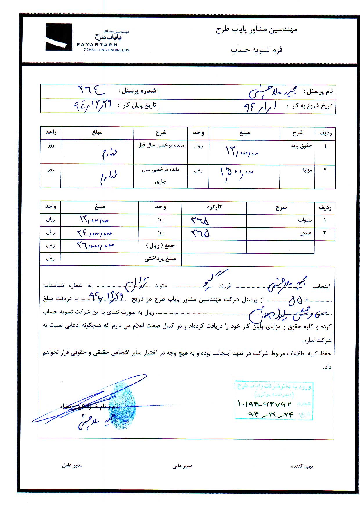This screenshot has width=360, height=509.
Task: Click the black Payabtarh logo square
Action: [59, 37]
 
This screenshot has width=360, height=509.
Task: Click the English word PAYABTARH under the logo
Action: [97, 45]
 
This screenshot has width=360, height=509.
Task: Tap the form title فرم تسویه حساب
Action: [256, 50]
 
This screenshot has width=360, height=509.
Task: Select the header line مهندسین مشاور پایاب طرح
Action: [256, 30]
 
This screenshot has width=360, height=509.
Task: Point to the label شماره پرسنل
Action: [137, 91]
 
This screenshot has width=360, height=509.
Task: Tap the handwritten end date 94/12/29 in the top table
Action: [93, 105]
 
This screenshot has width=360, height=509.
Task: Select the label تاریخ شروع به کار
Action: [309, 106]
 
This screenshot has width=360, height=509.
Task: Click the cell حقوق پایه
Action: [301, 146]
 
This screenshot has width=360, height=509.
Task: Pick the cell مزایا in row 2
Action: [307, 170]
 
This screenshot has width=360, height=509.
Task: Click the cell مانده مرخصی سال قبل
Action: [161, 145]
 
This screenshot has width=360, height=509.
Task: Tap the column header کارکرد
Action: [214, 207]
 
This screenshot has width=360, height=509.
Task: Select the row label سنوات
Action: [305, 220]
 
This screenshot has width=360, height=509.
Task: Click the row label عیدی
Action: [306, 233]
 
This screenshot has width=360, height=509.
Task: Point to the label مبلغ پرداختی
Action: [160, 259]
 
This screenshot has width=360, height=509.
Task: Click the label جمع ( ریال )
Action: [160, 246]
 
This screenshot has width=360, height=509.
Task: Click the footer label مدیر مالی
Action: [182, 466]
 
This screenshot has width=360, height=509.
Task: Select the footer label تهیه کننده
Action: [302, 466]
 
